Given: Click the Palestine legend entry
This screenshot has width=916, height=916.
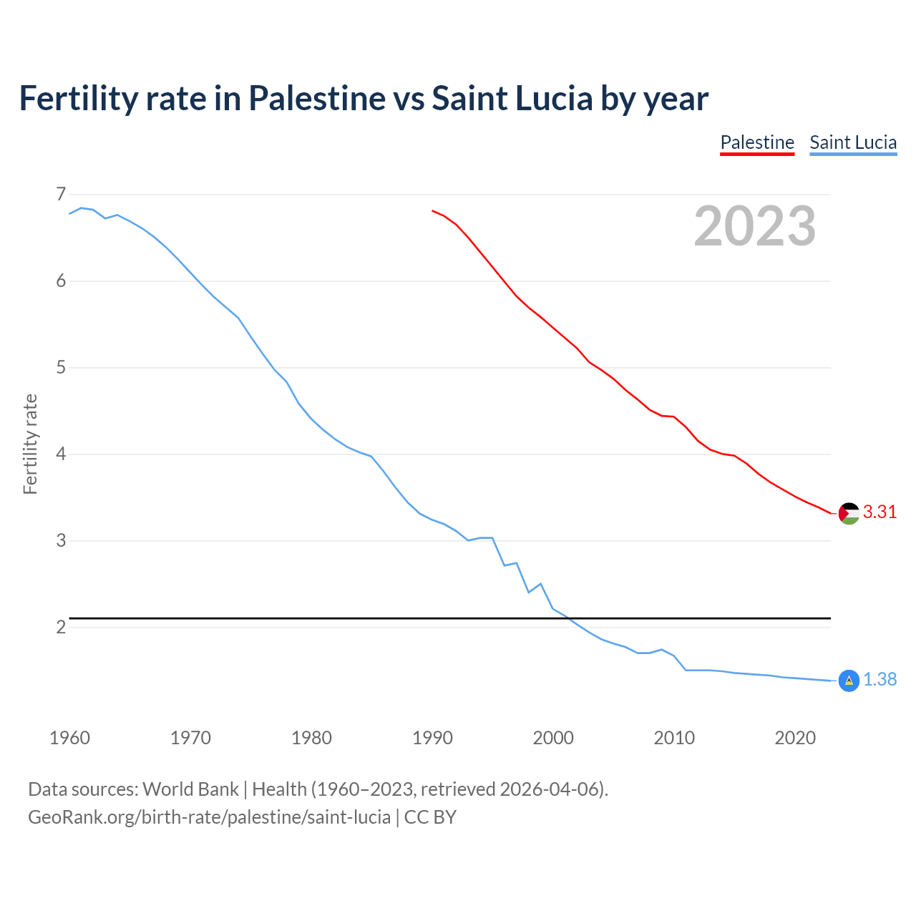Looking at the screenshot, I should click(757, 142).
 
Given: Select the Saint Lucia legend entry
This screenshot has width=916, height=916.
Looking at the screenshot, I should click(853, 142).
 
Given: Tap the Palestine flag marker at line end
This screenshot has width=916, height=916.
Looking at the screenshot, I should click(849, 513).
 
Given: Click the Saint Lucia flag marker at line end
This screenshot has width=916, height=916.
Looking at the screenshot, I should click(849, 681).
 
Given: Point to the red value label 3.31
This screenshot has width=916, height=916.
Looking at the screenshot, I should click(880, 512).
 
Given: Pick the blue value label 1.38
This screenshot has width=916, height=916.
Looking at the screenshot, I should click(880, 680).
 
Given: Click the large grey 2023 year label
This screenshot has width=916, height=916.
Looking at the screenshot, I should click(755, 226).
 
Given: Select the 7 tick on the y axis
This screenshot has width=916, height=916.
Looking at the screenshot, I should click(60, 194).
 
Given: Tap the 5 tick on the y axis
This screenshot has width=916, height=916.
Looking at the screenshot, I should click(60, 368).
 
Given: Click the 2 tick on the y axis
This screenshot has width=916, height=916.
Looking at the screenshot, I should click(60, 628).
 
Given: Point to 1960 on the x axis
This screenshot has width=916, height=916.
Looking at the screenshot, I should click(69, 738).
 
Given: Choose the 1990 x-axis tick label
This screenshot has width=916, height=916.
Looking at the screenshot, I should click(432, 738).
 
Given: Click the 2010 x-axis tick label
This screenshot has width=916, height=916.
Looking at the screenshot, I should click(674, 738).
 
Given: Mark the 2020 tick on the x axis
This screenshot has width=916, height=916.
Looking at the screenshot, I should click(795, 738).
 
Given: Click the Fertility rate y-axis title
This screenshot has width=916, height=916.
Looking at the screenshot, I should click(30, 444).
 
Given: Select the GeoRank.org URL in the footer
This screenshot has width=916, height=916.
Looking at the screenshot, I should click(209, 817).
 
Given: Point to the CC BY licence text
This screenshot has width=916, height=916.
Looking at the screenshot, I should click(430, 817).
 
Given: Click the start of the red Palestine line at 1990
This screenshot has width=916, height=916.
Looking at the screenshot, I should click(433, 211).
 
